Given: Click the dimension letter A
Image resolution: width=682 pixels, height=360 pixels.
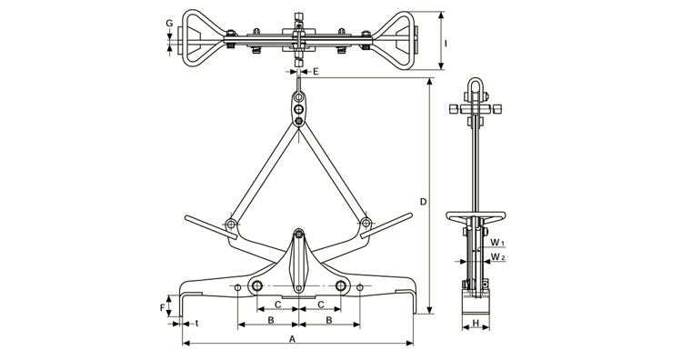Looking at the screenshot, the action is pyautogui.click(x=293, y=338).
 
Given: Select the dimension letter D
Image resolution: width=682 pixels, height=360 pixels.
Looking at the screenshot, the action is pyautogui.click(x=423, y=201).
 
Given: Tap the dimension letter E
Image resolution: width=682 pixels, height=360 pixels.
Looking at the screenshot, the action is pyautogui.click(x=316, y=71).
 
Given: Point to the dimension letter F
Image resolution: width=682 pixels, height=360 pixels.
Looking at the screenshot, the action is pyautogui.click(x=162, y=308).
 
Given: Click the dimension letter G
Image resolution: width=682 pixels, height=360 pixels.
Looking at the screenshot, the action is pyautogui.click(x=170, y=23).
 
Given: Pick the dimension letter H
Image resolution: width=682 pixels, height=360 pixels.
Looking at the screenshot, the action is pyautogui.click(x=476, y=323).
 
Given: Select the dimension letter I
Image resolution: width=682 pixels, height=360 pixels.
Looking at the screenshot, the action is pyautogui.click(x=446, y=43).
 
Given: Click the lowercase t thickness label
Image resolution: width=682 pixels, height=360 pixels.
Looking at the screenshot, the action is pyautogui.click(x=196, y=323).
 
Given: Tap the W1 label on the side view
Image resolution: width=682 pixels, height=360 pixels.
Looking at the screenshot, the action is pyautogui.click(x=497, y=242).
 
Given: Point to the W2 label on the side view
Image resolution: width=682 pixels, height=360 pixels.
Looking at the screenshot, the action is pyautogui.click(x=497, y=257).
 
